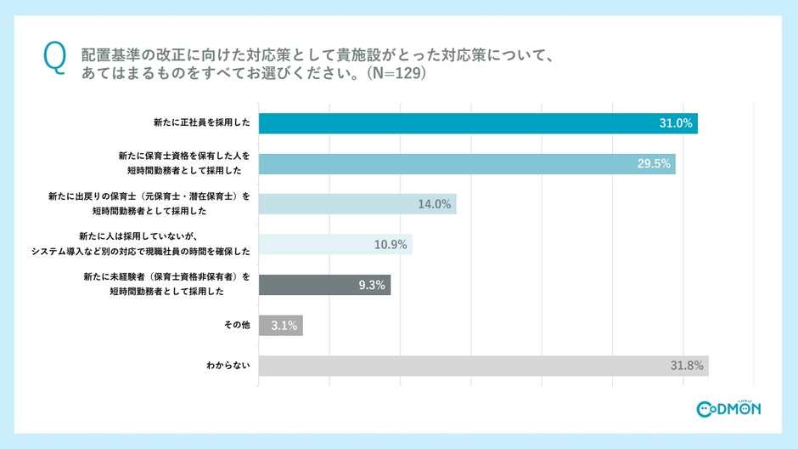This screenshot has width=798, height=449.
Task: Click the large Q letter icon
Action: coord(53,59)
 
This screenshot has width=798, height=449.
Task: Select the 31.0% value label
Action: coord(676,123)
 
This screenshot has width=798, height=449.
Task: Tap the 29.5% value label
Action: coord(654,163)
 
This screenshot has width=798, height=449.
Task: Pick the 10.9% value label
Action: coord(391,245)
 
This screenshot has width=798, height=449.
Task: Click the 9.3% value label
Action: coord(371,285)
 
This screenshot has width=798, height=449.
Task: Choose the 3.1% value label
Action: coord(284,326)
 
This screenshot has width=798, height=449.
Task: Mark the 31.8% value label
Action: coord(687,366)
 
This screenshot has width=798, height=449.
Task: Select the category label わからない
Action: coord(228,366)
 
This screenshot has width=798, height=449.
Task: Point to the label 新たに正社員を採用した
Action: coord(202,123)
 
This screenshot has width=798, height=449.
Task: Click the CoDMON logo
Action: coord(728,409)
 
